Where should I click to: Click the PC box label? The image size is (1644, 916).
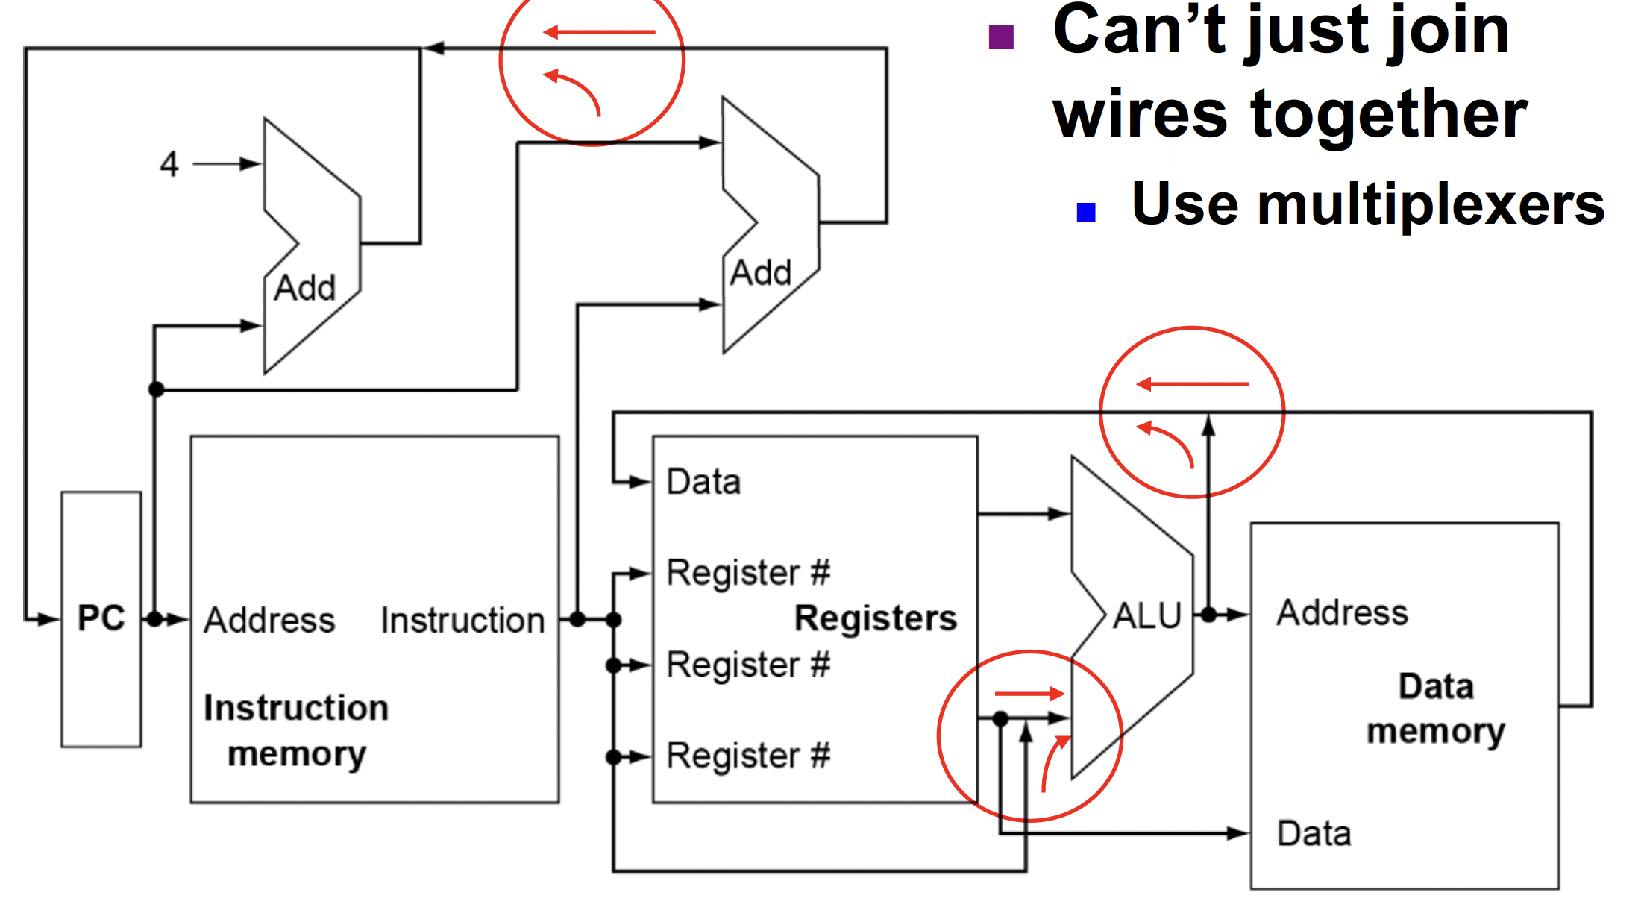pyautogui.click(x=101, y=618)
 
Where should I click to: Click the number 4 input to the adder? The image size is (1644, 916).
pyautogui.click(x=169, y=163)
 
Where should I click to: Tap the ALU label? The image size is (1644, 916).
pyautogui.click(x=1147, y=616)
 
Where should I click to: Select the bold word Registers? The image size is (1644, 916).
pyautogui.click(x=875, y=618)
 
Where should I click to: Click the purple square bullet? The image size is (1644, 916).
pyautogui.click(x=1000, y=37)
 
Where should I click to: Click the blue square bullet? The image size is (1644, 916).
pyautogui.click(x=1086, y=213)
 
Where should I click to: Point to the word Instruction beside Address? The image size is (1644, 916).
pyautogui.click(x=462, y=621)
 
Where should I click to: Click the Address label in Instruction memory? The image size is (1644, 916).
pyautogui.click(x=269, y=621)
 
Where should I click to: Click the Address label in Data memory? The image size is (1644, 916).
pyautogui.click(x=1342, y=612)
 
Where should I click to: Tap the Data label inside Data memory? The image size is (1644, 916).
pyautogui.click(x=1314, y=833)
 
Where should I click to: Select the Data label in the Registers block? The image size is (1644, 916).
pyautogui.click(x=703, y=482)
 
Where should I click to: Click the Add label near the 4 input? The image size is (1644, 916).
pyautogui.click(x=304, y=288)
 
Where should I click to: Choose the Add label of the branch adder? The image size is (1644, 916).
pyautogui.click(x=760, y=273)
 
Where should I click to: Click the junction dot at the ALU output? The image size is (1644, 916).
pyautogui.click(x=1209, y=615)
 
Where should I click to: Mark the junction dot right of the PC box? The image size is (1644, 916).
pyautogui.click(x=154, y=619)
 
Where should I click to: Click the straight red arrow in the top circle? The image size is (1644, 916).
pyautogui.click(x=600, y=32)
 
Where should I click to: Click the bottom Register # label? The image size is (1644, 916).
pyautogui.click(x=748, y=756)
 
